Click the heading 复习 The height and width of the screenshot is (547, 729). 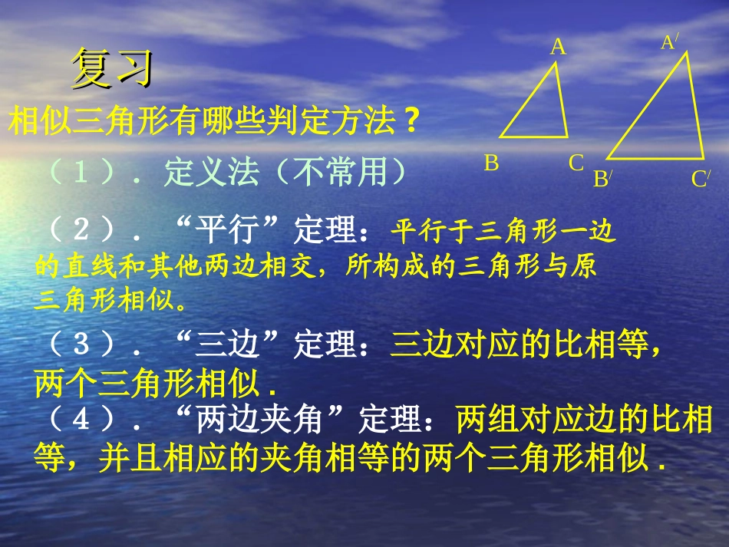click(x=113, y=69)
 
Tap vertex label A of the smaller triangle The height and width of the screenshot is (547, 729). click(x=558, y=48)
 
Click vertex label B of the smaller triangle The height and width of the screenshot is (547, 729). click(x=492, y=163)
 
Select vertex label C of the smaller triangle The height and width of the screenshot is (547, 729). click(x=576, y=163)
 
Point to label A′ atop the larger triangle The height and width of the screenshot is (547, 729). click(x=670, y=41)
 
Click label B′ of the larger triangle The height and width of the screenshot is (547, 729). click(x=602, y=180)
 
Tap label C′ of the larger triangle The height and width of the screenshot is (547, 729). click(x=701, y=180)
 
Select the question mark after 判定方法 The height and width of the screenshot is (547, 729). click(x=411, y=122)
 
